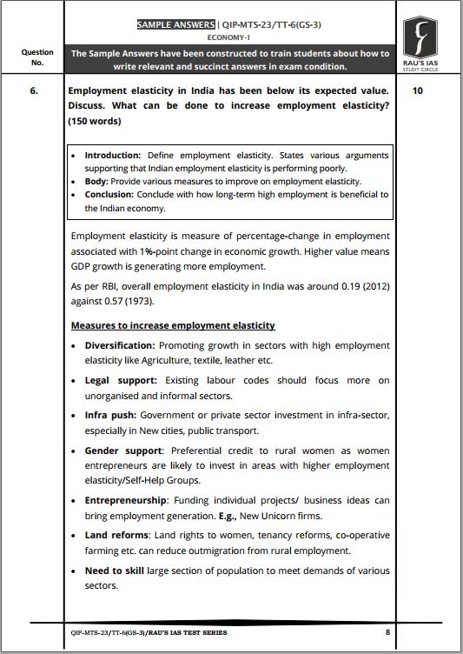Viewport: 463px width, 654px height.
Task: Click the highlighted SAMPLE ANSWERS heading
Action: [179, 24]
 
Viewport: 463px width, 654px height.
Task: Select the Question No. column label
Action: [36, 57]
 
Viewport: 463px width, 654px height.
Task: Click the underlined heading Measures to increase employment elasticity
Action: [173, 325]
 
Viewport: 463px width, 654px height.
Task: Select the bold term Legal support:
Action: [121, 380]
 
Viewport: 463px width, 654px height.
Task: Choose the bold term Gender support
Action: [123, 450]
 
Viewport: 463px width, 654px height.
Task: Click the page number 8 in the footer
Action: [387, 632]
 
